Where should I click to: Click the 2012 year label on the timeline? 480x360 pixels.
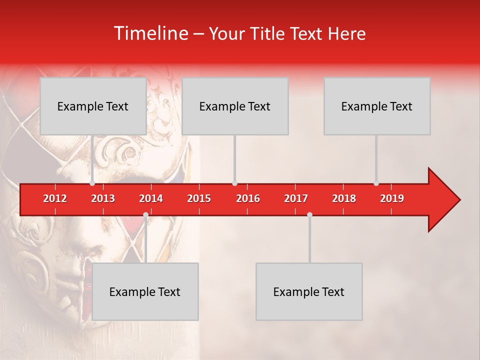(55, 198)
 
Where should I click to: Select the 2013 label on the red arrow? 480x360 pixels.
(103, 198)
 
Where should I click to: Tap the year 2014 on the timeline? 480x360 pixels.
(151, 198)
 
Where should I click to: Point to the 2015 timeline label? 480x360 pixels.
(199, 198)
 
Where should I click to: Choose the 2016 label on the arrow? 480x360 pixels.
(248, 198)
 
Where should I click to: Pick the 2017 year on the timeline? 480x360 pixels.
(296, 198)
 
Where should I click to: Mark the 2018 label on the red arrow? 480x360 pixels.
(344, 198)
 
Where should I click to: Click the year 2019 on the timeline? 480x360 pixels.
(392, 198)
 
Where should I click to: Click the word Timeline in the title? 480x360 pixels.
(150, 33)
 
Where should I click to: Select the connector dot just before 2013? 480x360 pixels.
(92, 183)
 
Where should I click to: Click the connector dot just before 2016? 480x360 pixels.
(234, 183)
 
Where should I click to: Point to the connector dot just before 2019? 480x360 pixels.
(376, 183)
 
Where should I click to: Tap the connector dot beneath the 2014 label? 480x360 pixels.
(145, 215)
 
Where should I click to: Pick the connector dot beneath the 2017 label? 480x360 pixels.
(309, 215)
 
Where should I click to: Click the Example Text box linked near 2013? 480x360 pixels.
(93, 106)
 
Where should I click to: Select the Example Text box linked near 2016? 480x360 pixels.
(235, 106)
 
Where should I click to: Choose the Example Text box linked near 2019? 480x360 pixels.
(377, 106)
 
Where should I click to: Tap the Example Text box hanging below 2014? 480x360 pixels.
(145, 291)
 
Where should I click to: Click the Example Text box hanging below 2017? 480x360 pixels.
(309, 291)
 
